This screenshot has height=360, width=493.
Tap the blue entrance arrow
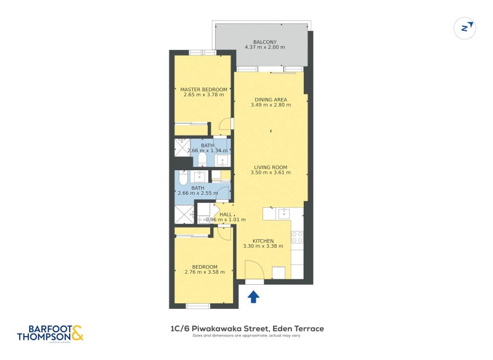pos(253,297)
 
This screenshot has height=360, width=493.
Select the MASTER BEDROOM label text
pos(203,89)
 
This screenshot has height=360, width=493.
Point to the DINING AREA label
pos(271,99)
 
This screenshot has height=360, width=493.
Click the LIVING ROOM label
pos(271,167)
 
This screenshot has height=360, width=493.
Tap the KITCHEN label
pos(263,240)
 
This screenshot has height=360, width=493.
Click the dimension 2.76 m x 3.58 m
pos(203,272)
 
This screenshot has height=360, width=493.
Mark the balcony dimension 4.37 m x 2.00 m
pos(264,47)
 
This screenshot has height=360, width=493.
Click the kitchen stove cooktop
pos(297,237)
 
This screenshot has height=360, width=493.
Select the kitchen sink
pos(283,213)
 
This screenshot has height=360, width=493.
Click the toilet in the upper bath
pos(202,160)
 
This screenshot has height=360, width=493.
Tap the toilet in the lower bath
pos(183,177)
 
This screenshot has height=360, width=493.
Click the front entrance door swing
pos(253,270)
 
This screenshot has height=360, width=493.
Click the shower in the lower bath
pos(184,213)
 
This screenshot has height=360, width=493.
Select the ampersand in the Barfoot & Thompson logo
pos(77,333)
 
